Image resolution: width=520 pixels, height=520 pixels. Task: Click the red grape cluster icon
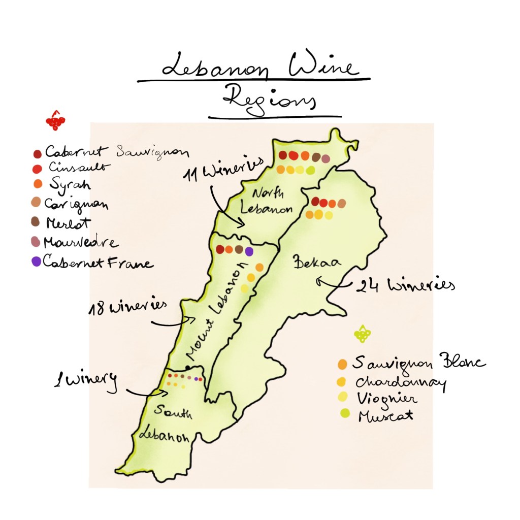[x=55, y=121]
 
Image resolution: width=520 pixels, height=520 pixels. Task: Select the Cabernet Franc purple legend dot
[x=36, y=262]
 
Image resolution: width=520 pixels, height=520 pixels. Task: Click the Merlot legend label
[x=68, y=223]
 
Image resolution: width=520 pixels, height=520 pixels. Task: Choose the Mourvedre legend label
[x=81, y=242]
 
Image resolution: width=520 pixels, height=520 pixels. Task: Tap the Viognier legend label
[x=387, y=399]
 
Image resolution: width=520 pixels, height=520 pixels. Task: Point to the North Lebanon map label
[x=266, y=201]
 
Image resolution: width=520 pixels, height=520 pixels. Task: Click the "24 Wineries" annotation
[x=405, y=286]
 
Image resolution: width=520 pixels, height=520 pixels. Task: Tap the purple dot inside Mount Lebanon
[x=249, y=251]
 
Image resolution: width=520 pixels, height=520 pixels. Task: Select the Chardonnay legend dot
[x=342, y=381]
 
